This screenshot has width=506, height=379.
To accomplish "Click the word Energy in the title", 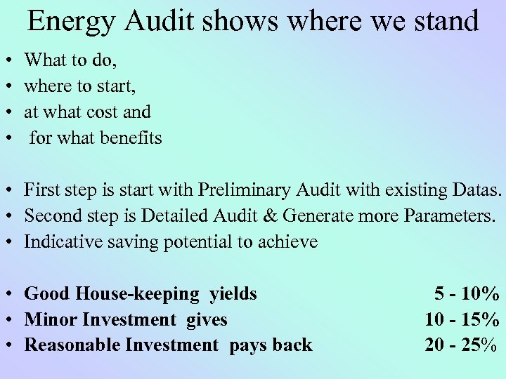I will [67, 22].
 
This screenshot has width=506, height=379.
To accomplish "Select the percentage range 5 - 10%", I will [467, 293].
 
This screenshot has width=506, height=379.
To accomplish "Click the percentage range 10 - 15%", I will [462, 319].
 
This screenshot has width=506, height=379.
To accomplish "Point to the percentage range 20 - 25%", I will [462, 345].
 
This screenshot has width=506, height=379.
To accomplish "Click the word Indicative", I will [57, 242].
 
